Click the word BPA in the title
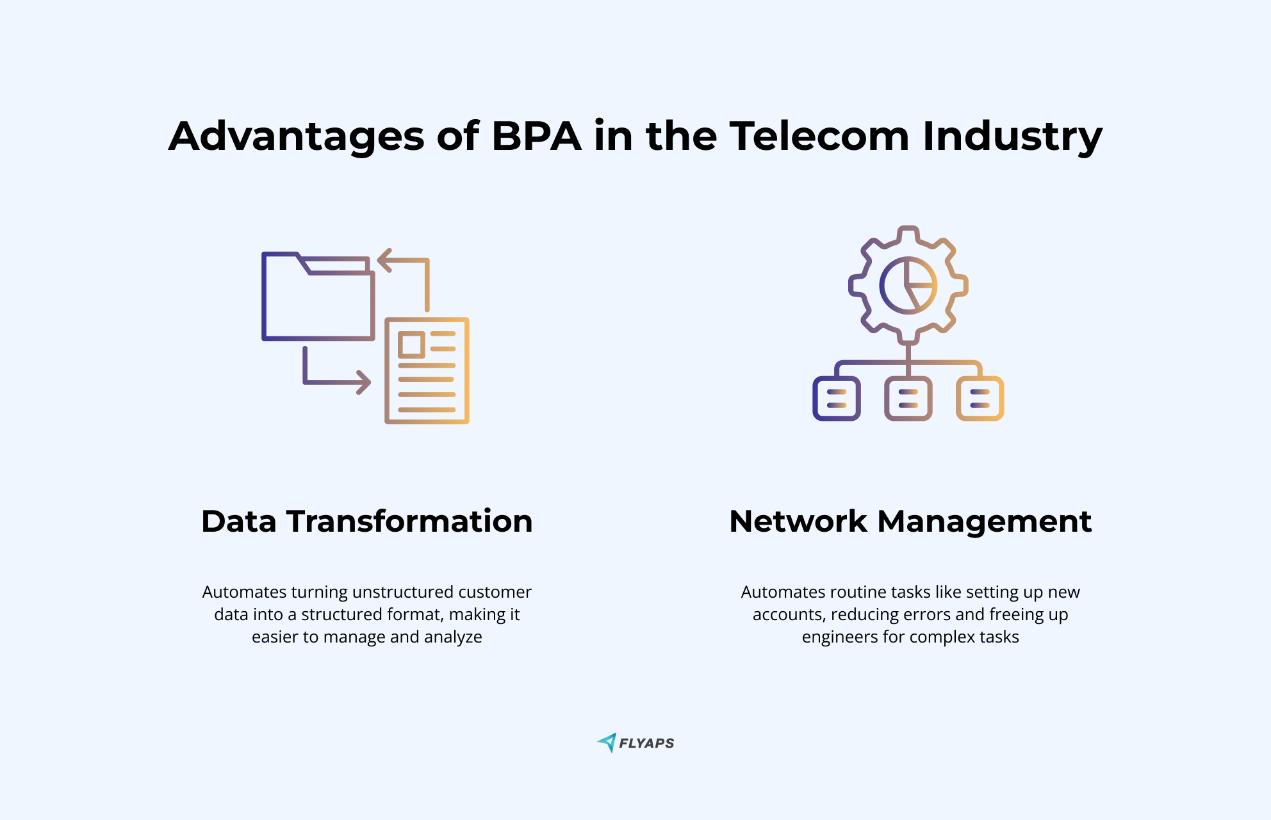pos(537,136)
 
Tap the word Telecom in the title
pos(820,136)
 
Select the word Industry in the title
pos(1013,137)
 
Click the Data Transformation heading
pos(367,521)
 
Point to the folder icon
pos(318,296)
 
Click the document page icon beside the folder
pos(427,370)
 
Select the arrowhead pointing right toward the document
pos(364,382)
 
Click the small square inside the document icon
pos(411,345)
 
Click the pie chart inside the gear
pos(908,285)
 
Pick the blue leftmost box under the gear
pos(837,398)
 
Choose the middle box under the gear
pos(908,398)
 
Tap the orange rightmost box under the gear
pos(980,398)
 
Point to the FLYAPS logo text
pos(646,743)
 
